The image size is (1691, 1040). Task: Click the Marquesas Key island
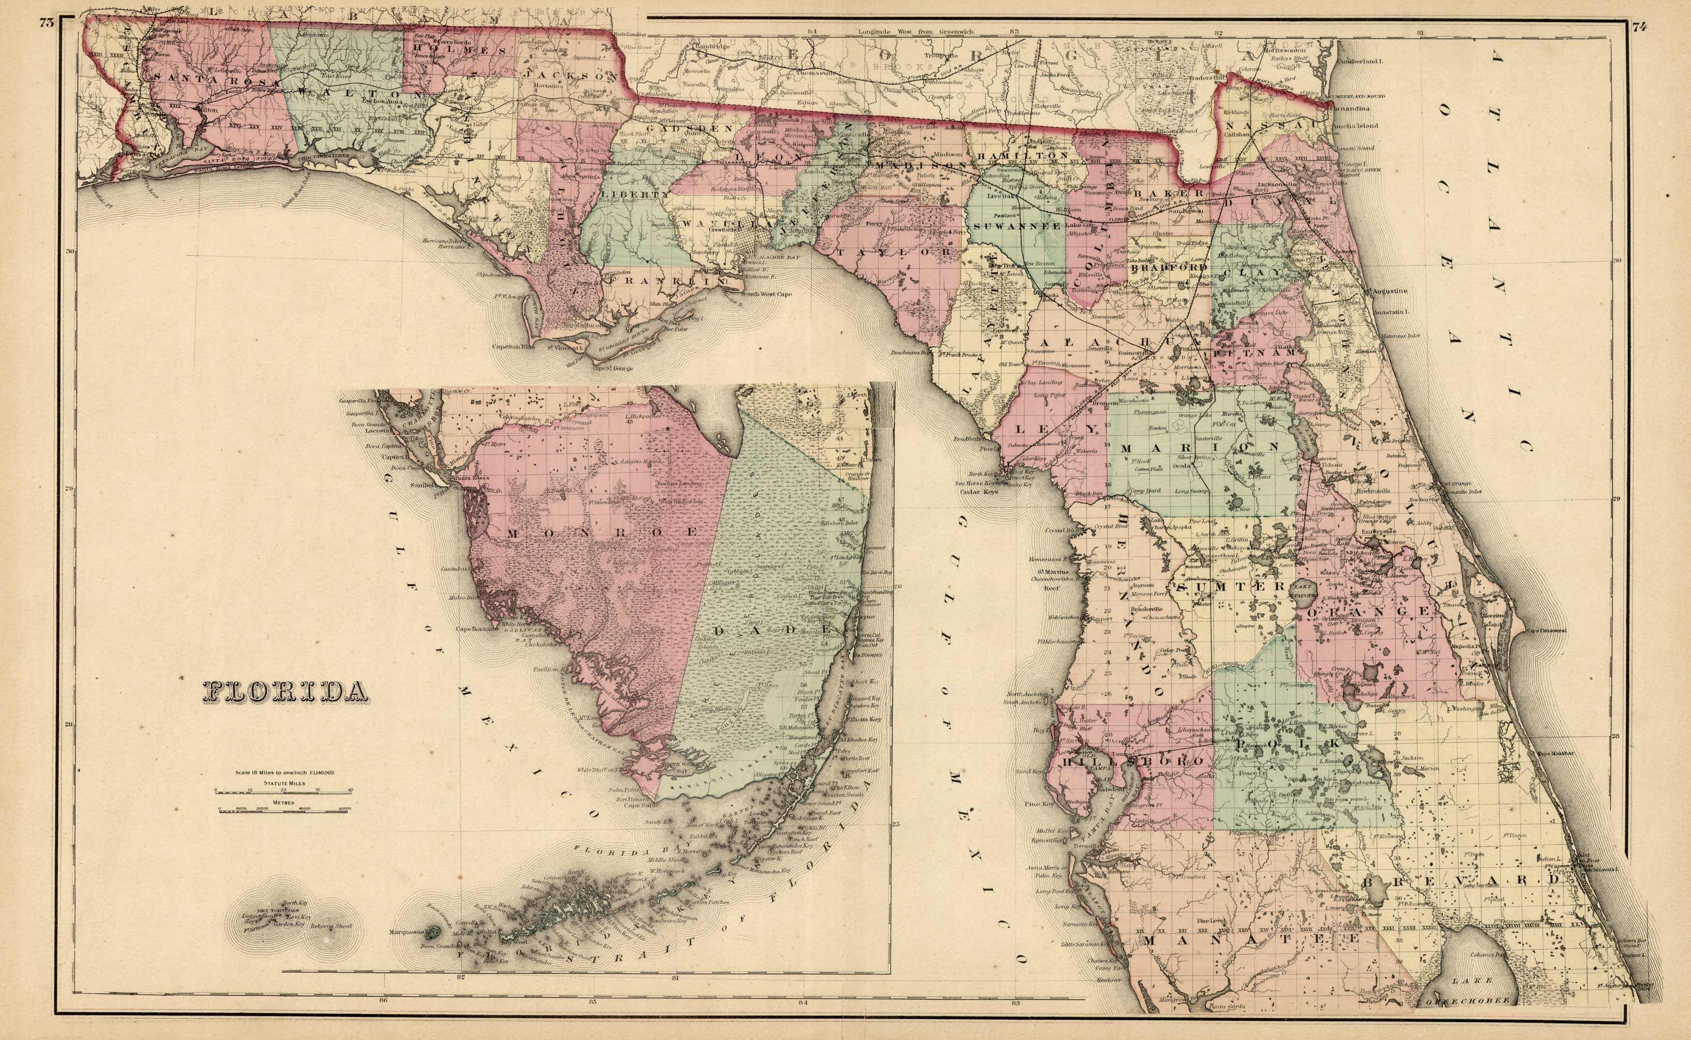[x=432, y=933]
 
